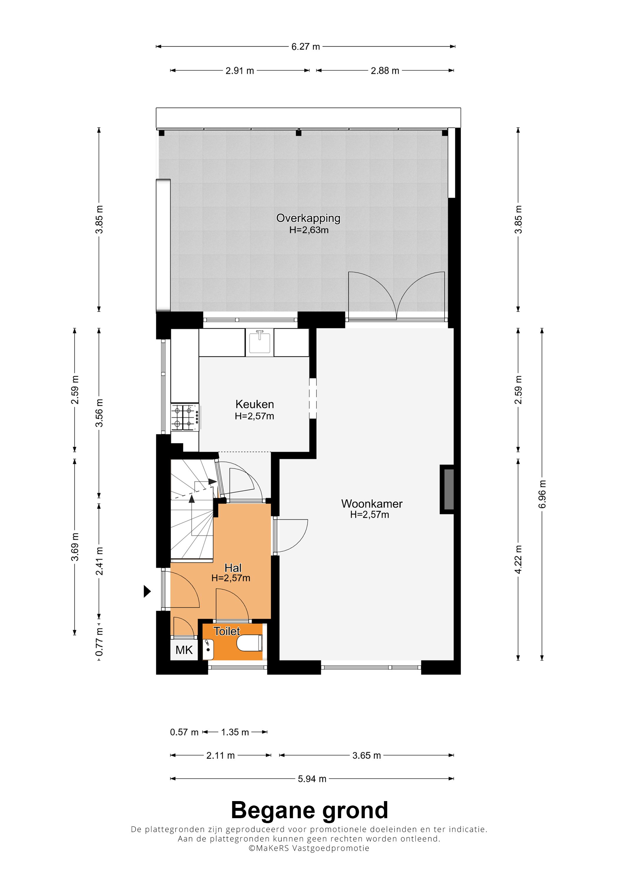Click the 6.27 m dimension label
tap(305, 47)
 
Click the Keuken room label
tap(255, 404)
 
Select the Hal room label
tap(233, 568)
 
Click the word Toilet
tap(227, 631)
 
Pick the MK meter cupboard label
tap(184, 650)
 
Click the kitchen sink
tap(260, 343)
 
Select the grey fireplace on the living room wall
tap(447, 489)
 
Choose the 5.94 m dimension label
tap(312, 779)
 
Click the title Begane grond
tap(309, 810)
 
